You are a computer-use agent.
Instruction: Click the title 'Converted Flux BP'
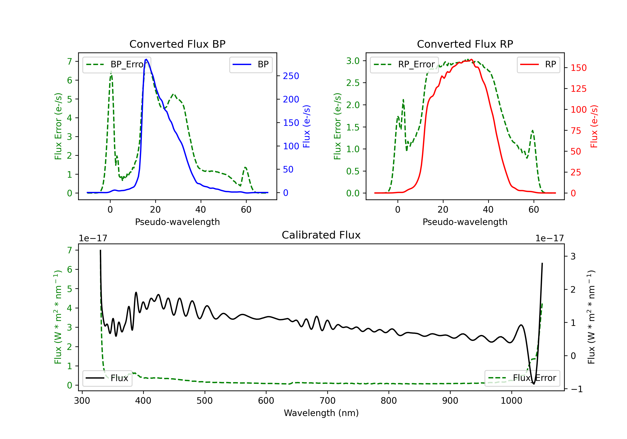[177, 44]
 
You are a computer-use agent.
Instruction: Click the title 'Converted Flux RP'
[465, 44]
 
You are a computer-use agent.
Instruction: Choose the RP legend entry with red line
[538, 64]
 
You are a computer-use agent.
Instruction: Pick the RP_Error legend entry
[404, 64]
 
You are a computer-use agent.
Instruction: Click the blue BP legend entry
[251, 64]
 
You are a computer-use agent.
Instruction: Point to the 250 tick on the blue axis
[291, 76]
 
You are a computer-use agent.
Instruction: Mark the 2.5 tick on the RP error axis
[353, 83]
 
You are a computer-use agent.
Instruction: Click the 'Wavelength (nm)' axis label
[321, 413]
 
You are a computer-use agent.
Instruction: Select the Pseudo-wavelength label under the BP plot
[177, 222]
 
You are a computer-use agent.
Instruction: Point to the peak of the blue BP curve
[146, 59]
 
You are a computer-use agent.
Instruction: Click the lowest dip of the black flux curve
[534, 384]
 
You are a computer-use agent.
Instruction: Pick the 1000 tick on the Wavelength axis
[511, 401]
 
